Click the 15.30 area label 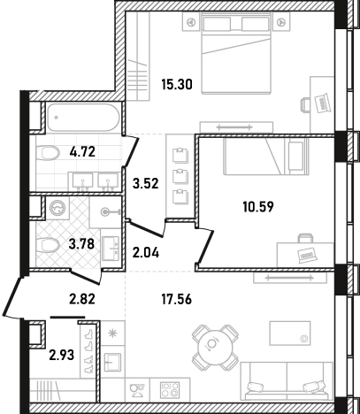click(x=177, y=85)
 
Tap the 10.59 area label click(x=258, y=207)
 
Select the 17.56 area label click(x=177, y=299)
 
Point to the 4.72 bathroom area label click(x=82, y=152)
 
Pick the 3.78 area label click(x=81, y=244)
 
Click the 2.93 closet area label click(x=62, y=355)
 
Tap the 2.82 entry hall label click(x=82, y=299)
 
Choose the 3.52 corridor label click(x=146, y=184)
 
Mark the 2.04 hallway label click(x=146, y=252)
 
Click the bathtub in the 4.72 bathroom click(x=83, y=118)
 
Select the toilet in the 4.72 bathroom click(x=48, y=152)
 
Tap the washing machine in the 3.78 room click(x=58, y=209)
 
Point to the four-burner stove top click(x=170, y=390)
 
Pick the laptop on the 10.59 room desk click(x=307, y=255)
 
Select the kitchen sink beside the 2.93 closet click(x=112, y=363)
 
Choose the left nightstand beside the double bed click(x=192, y=21)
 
